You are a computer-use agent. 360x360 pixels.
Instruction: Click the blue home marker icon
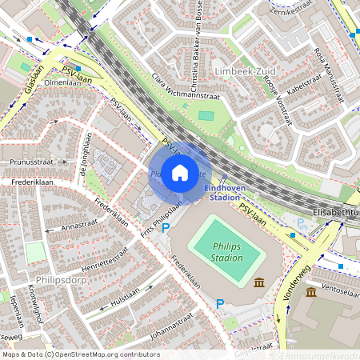pos(180,172)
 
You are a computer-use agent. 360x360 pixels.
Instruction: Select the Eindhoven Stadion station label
pos(222,192)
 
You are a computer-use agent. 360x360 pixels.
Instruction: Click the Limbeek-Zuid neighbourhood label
pos(243,71)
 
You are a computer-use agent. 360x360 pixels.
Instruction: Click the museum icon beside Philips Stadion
pos(259,282)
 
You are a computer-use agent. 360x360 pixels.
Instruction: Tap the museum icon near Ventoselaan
pos(310,292)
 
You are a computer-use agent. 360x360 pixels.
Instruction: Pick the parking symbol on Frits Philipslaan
pos(166,228)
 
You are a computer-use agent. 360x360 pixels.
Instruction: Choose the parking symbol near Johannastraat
pos(220,303)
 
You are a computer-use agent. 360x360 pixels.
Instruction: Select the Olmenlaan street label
pos(63,82)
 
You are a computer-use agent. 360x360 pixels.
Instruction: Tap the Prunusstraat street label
pos(31,161)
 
